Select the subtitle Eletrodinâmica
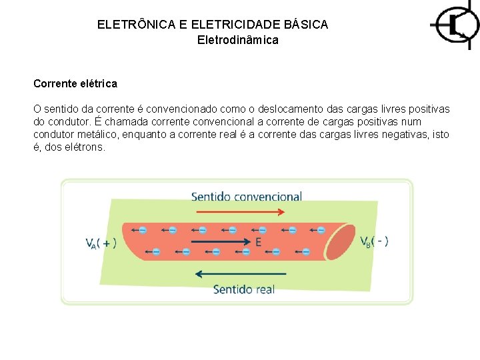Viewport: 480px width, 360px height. coord(238,40)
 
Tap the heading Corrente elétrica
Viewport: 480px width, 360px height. coord(75,84)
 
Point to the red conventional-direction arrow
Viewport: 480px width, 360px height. coord(239,212)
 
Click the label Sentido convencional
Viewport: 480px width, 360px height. coord(247,197)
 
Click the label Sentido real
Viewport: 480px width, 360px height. coord(243,289)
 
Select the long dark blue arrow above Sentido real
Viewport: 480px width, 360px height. coord(240,274)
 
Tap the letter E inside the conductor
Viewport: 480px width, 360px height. coord(258,243)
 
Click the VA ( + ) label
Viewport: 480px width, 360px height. coord(101,243)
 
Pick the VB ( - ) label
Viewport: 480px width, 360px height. coord(375,241)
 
